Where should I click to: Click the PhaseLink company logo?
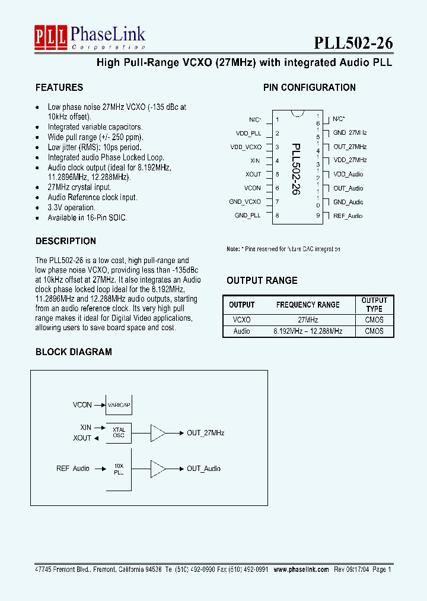click(90, 38)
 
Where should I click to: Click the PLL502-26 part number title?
click(353, 43)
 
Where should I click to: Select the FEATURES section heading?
click(59, 87)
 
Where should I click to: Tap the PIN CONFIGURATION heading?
click(309, 87)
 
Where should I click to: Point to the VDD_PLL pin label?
click(248, 134)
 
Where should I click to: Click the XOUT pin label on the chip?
click(253, 174)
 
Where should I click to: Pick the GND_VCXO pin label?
click(245, 201)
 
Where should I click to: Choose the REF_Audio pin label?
click(348, 216)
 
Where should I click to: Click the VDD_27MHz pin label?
click(350, 160)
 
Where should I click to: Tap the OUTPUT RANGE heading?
click(262, 280)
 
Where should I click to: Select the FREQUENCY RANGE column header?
click(308, 305)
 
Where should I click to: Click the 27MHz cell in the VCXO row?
click(308, 320)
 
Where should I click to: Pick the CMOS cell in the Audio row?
click(374, 331)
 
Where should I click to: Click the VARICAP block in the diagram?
click(119, 404)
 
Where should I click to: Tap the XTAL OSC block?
click(119, 433)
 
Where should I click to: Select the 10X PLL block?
click(119, 469)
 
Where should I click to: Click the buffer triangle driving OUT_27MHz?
click(158, 433)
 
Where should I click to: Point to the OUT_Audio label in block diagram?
click(203, 469)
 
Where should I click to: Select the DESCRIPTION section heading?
click(66, 241)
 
